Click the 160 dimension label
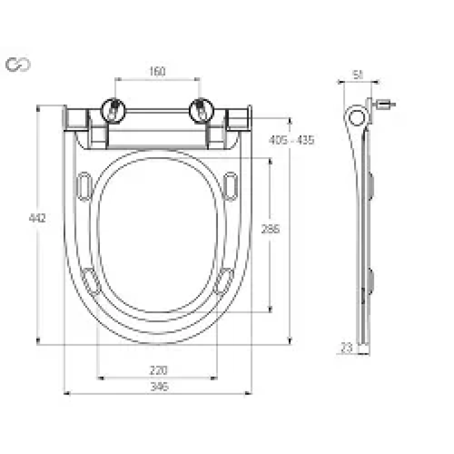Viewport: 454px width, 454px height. point(157,72)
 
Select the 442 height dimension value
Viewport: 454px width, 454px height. point(37,218)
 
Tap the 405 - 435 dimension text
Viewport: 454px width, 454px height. point(291,140)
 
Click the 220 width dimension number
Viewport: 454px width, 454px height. point(158,371)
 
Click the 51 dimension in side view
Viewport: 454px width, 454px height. point(358,74)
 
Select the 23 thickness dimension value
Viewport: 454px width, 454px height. point(347,347)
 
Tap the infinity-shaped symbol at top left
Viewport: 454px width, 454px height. point(18,65)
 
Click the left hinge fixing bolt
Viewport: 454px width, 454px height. point(113,109)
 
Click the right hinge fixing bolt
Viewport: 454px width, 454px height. point(201,109)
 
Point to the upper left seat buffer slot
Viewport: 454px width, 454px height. point(84,186)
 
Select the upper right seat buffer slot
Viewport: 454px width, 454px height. point(230,186)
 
